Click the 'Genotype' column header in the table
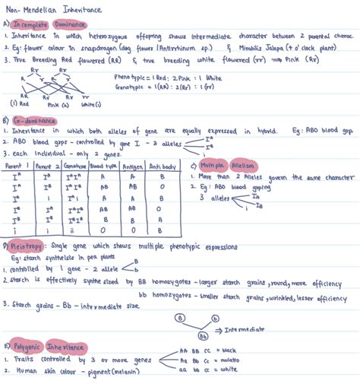[x=71, y=164]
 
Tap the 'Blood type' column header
[x=103, y=164]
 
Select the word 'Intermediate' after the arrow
[x=244, y=329]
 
